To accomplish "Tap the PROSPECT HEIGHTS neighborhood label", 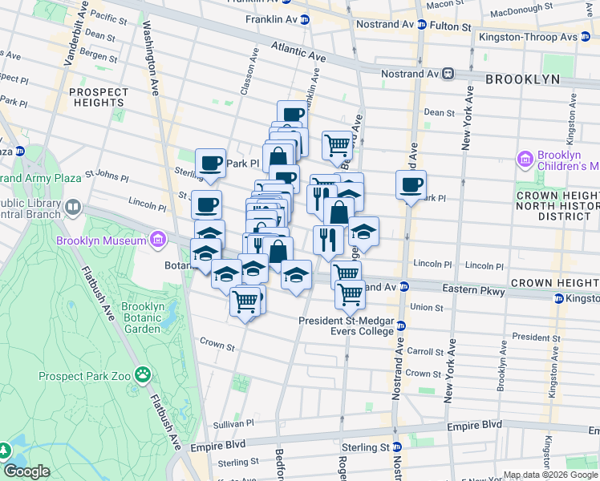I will coord(98,97).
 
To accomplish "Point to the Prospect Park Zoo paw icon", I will coord(143,374).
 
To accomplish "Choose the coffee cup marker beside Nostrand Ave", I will coord(411,185).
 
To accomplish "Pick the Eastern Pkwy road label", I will coord(481,292).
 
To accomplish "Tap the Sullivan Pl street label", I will coord(233,423).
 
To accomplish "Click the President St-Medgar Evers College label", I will coord(346,321).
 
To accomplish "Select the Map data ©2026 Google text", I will coord(551,475).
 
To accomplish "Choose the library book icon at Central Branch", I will coord(73,208).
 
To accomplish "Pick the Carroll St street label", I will coord(424,351).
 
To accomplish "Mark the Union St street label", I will coord(427,307).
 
